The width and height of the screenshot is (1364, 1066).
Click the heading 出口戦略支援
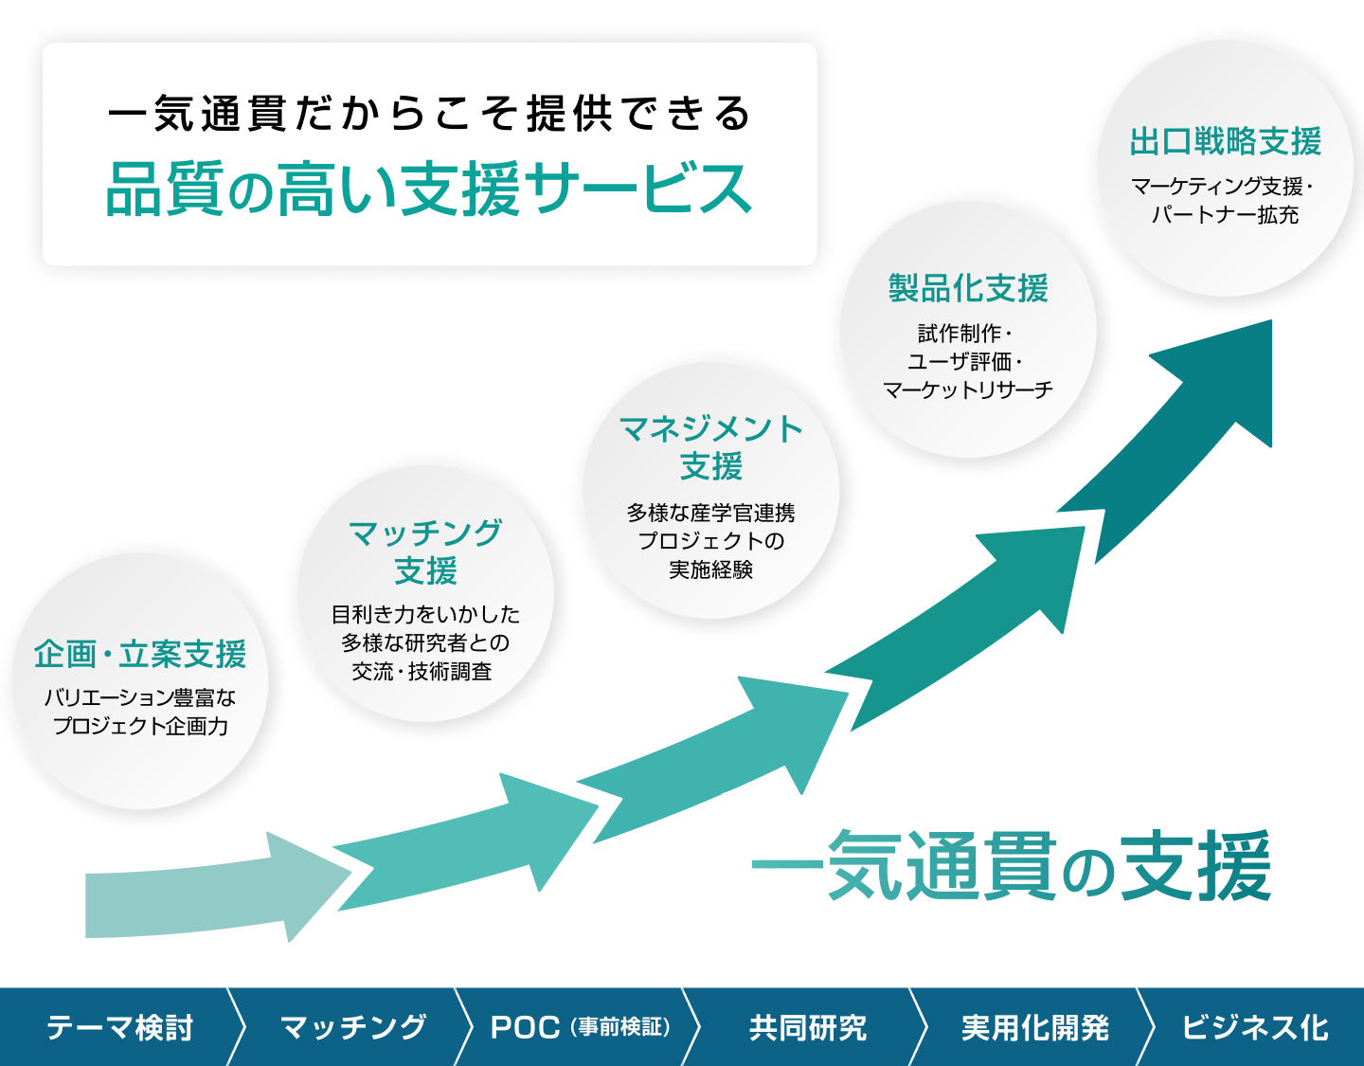click(1225, 142)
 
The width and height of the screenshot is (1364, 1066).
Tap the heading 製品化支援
click(968, 288)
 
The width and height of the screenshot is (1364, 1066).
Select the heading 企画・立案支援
click(140, 654)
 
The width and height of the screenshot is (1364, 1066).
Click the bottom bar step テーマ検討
click(119, 1027)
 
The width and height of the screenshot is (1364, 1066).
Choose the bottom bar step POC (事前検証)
click(580, 1027)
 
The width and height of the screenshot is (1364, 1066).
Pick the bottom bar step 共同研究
click(808, 1027)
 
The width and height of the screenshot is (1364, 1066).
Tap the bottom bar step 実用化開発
click(1034, 1027)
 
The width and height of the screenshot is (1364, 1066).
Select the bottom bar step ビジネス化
click(1254, 1027)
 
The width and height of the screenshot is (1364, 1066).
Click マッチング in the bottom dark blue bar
click(353, 1027)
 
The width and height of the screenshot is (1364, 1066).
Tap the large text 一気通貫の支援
click(1011, 866)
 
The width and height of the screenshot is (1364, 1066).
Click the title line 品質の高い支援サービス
click(429, 189)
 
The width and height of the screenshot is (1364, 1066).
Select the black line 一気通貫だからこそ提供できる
click(429, 114)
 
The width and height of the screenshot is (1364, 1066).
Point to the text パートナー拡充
click(1225, 215)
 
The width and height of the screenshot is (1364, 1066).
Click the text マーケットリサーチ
click(968, 389)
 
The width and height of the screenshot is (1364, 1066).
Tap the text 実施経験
click(710, 569)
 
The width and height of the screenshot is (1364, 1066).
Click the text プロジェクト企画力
click(140, 726)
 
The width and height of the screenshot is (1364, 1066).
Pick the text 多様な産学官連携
click(710, 513)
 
